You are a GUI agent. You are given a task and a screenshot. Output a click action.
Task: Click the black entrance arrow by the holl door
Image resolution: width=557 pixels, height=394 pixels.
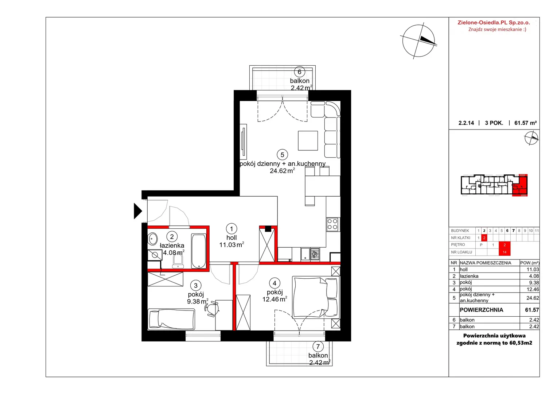click(137, 211)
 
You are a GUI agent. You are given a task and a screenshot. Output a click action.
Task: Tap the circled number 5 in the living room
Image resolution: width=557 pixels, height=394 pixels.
click(282, 155)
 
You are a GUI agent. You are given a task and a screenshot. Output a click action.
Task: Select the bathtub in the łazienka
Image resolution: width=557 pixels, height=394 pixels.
click(198, 251)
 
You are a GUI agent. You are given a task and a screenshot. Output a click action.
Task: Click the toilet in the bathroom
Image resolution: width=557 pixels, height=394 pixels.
click(178, 262)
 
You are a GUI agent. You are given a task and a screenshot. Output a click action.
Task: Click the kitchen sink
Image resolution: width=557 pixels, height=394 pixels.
click(305, 254)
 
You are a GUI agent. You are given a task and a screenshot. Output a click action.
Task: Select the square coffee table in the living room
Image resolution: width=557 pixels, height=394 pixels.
click(308, 140)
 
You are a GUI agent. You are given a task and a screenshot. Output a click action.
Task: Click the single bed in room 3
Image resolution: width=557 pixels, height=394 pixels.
click(171, 319)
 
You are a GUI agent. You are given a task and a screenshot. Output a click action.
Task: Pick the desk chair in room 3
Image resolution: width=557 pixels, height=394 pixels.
click(212, 309)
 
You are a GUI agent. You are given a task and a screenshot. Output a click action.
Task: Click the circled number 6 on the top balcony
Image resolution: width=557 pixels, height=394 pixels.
click(299, 72)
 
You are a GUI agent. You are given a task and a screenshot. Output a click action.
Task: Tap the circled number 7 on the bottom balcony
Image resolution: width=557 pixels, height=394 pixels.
click(318, 346)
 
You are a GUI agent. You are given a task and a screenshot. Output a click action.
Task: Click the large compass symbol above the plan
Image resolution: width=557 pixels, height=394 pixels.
click(418, 41)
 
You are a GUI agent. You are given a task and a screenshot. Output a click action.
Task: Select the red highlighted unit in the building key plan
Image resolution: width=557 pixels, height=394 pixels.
click(520, 185)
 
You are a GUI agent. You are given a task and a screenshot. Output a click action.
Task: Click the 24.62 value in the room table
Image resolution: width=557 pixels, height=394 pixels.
click(533, 298)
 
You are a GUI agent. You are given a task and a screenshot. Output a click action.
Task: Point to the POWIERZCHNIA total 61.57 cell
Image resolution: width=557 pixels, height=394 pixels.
click(532, 310)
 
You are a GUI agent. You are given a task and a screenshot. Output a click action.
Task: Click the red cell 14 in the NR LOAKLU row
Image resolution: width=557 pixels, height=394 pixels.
click(505, 252)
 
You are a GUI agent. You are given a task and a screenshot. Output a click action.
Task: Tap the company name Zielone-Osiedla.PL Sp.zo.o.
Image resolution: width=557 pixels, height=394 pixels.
click(494, 23)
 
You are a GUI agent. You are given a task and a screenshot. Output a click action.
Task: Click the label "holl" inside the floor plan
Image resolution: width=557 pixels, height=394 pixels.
click(231, 238)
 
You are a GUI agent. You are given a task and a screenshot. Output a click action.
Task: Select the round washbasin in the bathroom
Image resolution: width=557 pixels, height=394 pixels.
click(152, 239)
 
